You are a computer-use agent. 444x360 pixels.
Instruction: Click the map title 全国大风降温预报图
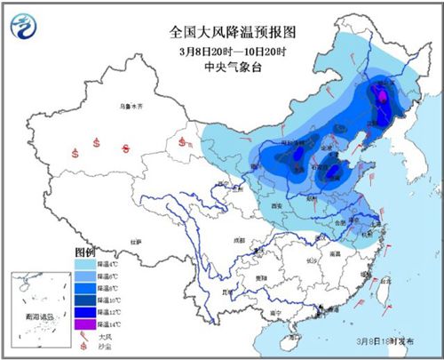pyautogui.click(x=221, y=31)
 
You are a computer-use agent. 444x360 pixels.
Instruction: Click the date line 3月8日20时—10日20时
pyautogui.click(x=222, y=48)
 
